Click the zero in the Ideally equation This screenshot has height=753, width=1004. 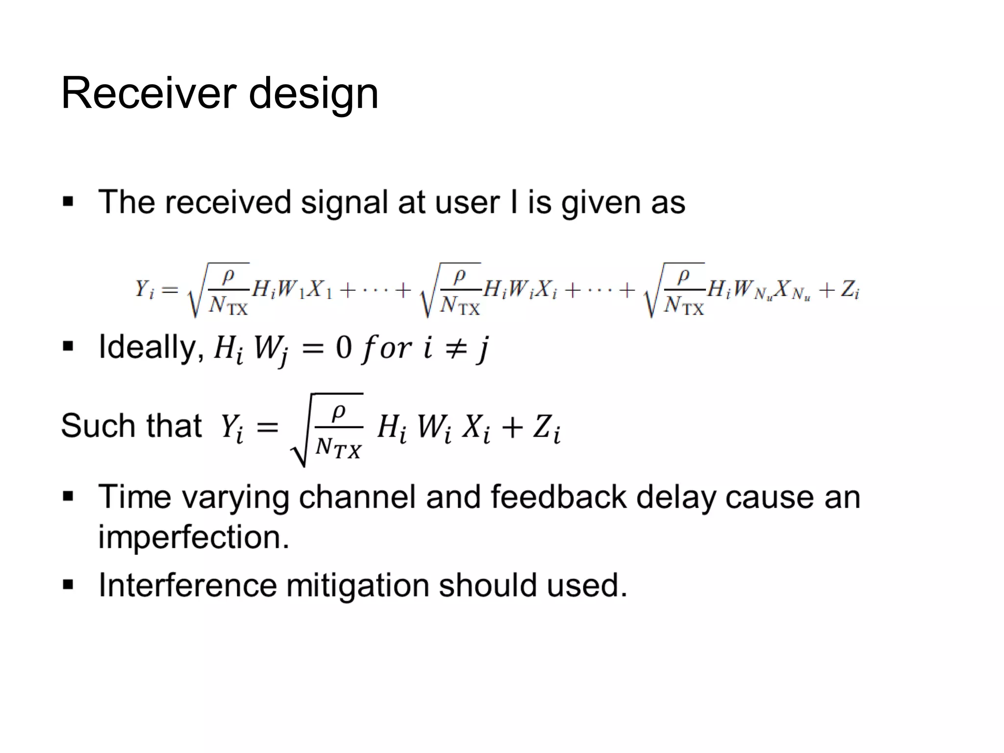(x=344, y=348)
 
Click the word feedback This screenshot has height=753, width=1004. (x=558, y=497)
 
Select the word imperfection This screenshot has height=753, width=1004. (x=194, y=537)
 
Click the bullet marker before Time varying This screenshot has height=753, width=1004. (x=68, y=497)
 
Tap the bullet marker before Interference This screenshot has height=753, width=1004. (x=68, y=585)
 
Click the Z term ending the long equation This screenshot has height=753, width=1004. (x=850, y=290)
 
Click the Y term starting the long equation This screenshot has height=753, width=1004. (x=144, y=289)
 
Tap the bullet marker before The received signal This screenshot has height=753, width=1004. (x=68, y=202)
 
